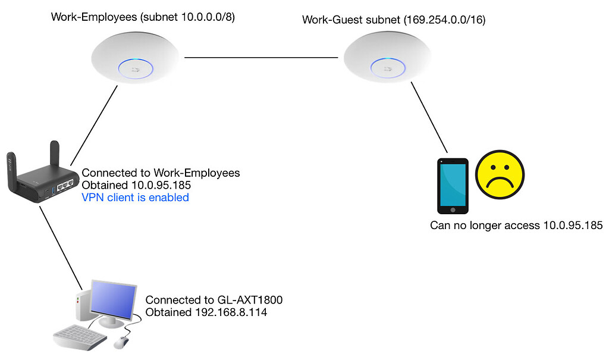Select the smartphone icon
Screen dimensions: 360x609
pyautogui.click(x=453, y=186)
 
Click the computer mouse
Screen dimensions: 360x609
pyautogui.click(x=121, y=342)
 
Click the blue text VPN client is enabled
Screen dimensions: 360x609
pyautogui.click(x=135, y=198)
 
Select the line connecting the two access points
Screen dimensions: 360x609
pyautogui.click(x=262, y=58)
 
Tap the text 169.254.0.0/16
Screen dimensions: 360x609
pyautogui.click(x=444, y=20)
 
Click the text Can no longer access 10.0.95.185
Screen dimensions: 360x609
pyautogui.click(x=516, y=226)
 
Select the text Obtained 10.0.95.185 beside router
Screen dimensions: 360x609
pyautogui.click(x=136, y=185)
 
